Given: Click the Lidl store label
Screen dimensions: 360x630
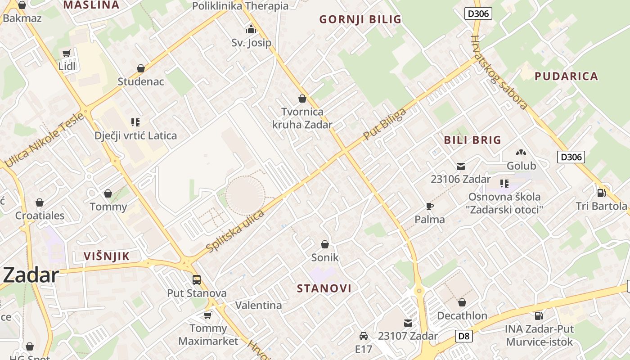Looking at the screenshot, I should (x=67, y=66).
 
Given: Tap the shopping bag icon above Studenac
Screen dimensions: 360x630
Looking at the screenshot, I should (x=141, y=68).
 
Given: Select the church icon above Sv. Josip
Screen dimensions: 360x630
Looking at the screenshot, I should (x=251, y=30).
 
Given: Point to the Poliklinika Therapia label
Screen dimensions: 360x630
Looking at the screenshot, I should (x=240, y=6).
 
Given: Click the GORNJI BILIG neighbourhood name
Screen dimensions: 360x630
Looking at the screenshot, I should (x=360, y=19).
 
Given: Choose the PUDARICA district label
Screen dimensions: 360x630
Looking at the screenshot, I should (x=566, y=76).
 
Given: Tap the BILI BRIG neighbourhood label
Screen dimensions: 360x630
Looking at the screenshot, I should (x=472, y=139).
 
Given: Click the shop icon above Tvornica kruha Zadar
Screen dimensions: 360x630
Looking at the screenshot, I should (x=302, y=98).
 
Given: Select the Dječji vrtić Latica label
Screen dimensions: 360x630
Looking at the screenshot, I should (x=135, y=135).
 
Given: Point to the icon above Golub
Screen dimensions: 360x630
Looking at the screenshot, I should (x=521, y=153).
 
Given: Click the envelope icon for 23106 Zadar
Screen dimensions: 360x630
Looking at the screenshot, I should (x=461, y=166).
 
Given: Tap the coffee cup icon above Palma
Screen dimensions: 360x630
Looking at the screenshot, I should (x=430, y=206).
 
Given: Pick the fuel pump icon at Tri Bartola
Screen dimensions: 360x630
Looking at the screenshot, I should (x=601, y=193).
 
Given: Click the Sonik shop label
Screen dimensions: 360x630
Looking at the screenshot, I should (x=325, y=258).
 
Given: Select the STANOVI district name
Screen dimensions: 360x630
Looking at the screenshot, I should (x=324, y=288).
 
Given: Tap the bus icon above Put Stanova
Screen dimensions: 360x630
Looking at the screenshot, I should (x=197, y=279).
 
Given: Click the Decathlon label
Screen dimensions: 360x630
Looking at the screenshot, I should (x=462, y=315).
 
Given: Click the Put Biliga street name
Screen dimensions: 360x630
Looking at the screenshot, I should (x=385, y=123).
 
